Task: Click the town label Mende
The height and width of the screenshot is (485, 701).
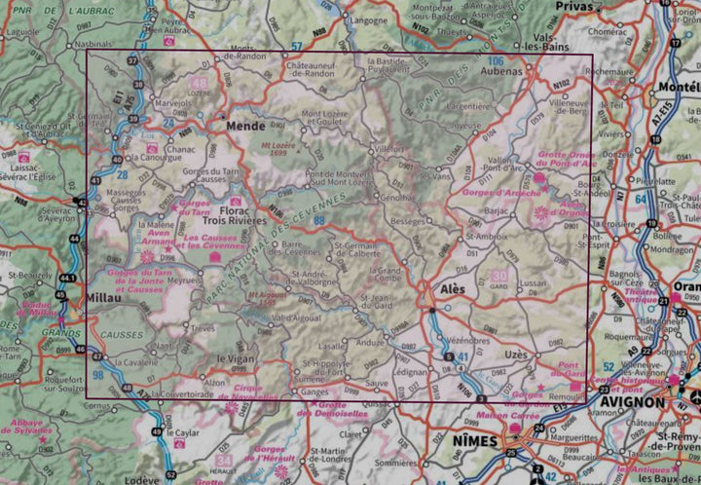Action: [x=245, y=126]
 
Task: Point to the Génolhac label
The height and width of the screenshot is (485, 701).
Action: [x=398, y=197]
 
